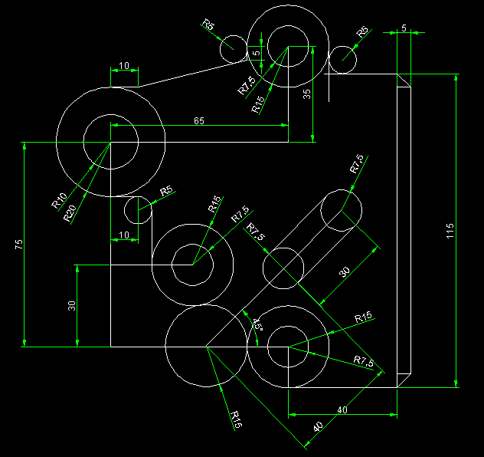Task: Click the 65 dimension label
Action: (199, 121)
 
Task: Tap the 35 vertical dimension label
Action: (307, 94)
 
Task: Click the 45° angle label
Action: (258, 324)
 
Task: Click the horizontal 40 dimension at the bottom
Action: (342, 410)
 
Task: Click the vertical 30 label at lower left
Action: (72, 305)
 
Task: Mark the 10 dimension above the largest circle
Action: (124, 67)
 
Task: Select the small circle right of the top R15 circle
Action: (343, 58)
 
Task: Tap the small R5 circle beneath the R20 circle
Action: (139, 209)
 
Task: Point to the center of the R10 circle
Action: (111, 143)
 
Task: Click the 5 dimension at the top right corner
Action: (404, 28)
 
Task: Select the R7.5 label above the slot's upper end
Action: (357, 163)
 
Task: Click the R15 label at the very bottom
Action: (236, 419)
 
